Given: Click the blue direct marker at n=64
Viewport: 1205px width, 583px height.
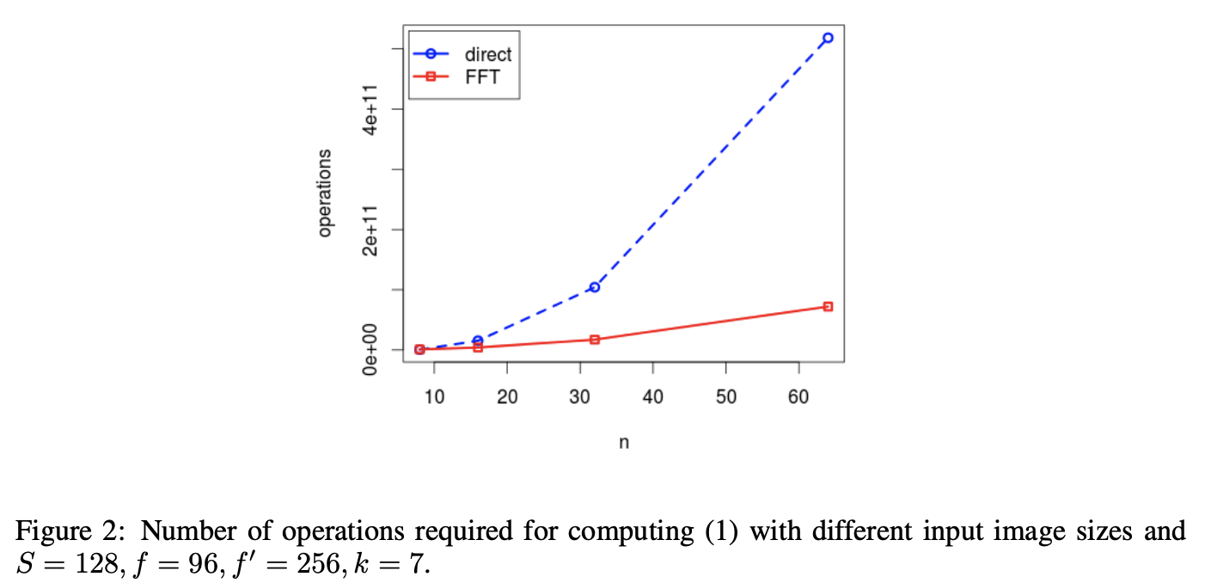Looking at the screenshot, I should [828, 38].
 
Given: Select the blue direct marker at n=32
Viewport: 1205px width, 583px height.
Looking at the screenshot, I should [594, 287].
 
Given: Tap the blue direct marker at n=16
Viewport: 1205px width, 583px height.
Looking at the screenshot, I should [478, 341].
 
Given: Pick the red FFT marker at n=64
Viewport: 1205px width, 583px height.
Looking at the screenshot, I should [828, 306].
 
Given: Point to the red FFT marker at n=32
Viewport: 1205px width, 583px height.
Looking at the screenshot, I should [594, 340].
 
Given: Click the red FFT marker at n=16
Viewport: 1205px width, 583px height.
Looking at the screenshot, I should [478, 347].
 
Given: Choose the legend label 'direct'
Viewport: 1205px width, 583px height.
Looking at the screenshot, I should [487, 54].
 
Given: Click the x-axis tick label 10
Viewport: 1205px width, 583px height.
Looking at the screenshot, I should [434, 397].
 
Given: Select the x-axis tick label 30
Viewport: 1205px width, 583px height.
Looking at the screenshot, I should [580, 397].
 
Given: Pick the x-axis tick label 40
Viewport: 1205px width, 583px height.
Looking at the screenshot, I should [653, 397].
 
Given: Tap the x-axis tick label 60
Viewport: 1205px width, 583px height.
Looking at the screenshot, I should [799, 397].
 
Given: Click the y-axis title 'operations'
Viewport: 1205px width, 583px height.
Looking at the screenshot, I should [324, 193].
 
